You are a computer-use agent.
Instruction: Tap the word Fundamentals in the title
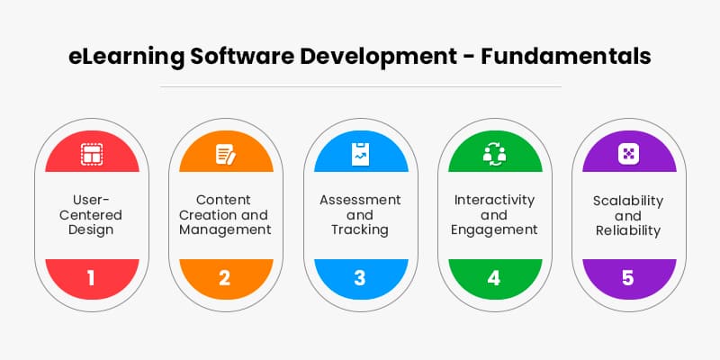(x=566, y=57)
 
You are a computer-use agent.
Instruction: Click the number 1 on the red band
(x=91, y=278)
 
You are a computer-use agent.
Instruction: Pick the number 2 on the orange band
(x=224, y=278)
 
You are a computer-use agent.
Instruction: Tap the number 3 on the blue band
(x=359, y=278)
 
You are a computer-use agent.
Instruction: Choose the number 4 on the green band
(x=494, y=278)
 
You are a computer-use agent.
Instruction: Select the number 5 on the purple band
(x=628, y=278)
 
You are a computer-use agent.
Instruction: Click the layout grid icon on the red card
(x=92, y=154)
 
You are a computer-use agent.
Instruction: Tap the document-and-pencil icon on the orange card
(x=226, y=154)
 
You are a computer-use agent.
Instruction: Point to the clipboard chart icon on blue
(x=360, y=154)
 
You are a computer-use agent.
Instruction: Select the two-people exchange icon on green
(x=494, y=154)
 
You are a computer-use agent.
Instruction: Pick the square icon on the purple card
(x=629, y=154)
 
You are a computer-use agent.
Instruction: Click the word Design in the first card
(x=92, y=230)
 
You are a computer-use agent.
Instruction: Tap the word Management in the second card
(x=225, y=230)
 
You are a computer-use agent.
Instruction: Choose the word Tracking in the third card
(x=360, y=230)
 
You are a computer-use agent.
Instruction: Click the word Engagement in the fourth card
(x=494, y=230)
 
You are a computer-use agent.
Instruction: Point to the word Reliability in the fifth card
(x=628, y=231)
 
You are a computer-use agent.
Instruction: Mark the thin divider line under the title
(x=361, y=86)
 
